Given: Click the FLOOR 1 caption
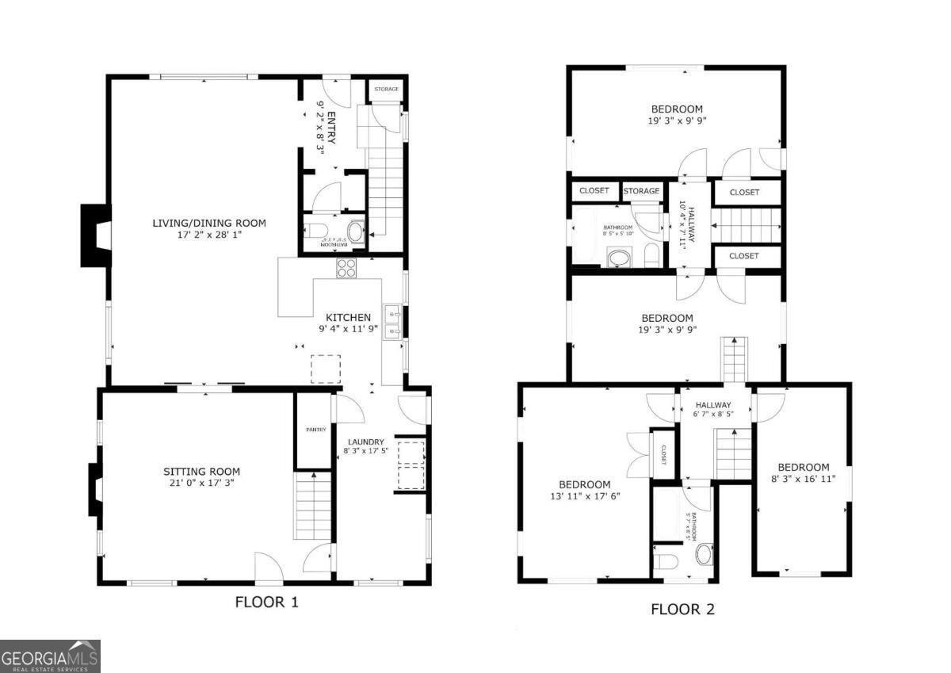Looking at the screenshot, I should (266, 602).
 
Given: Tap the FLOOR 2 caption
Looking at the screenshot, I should (682, 610).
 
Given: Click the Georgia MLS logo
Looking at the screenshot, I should (50, 656).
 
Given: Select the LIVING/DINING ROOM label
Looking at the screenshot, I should (209, 224).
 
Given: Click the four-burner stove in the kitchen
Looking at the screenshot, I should (347, 268).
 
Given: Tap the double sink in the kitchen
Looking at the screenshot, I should (392, 322).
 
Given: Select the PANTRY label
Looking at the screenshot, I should (315, 430).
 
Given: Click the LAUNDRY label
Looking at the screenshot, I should (365, 442).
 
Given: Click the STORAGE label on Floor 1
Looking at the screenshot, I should (387, 89).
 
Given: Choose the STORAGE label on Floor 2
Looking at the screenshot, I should (641, 191).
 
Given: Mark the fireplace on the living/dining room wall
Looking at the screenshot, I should (94, 235).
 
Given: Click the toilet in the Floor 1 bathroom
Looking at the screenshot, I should (315, 231).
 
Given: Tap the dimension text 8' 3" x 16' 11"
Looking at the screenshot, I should (803, 479).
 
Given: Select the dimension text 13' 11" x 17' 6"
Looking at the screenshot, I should (584, 496).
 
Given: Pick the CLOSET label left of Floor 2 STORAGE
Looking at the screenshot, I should (594, 191).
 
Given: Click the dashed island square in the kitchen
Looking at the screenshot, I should (325, 369).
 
